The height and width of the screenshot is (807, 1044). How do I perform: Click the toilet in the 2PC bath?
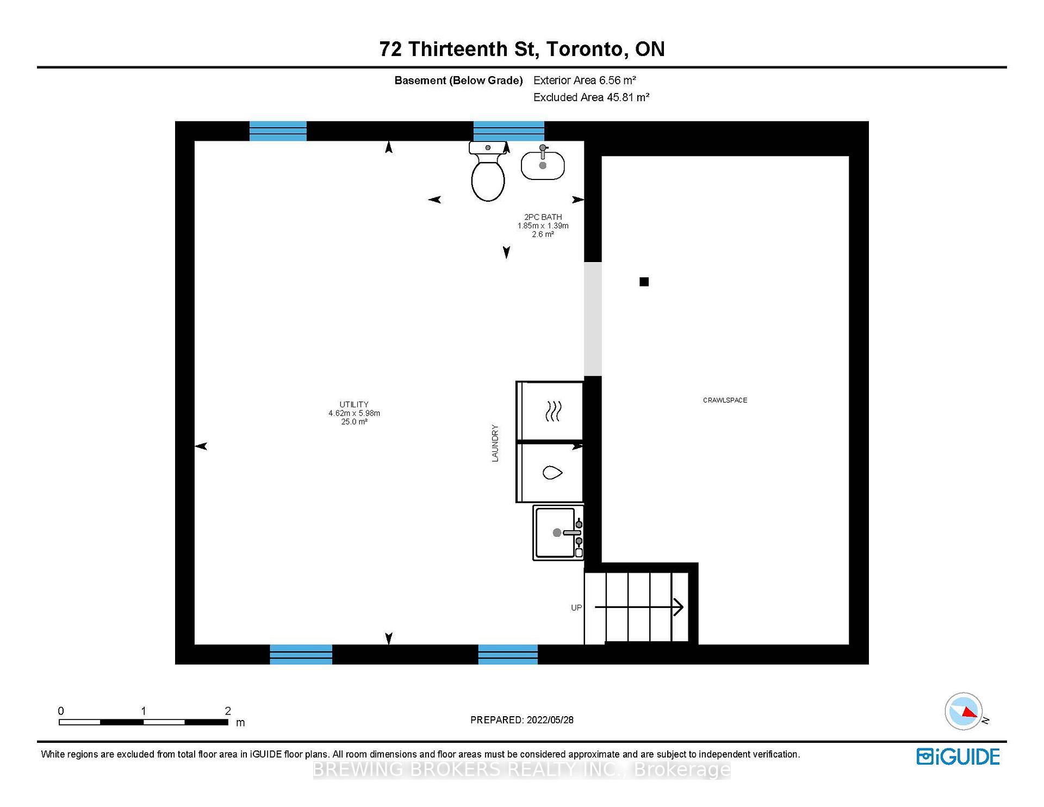(x=488, y=171)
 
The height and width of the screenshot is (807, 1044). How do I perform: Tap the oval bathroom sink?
(x=543, y=164)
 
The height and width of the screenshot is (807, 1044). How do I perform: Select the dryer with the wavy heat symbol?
(x=550, y=411)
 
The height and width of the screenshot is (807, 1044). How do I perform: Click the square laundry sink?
(x=558, y=532)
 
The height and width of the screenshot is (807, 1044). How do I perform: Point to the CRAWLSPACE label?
(x=725, y=400)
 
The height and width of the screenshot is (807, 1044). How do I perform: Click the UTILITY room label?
(x=354, y=405)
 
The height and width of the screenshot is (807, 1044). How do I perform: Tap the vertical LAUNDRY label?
(x=495, y=443)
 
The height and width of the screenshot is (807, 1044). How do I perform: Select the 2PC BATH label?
(x=543, y=217)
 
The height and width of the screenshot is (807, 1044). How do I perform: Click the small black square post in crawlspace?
(x=644, y=282)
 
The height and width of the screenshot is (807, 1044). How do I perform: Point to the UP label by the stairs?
(x=576, y=607)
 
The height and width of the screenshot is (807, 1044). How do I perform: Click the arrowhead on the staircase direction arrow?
(x=679, y=607)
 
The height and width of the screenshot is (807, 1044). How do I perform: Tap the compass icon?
(x=964, y=711)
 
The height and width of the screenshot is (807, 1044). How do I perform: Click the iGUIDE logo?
(x=958, y=757)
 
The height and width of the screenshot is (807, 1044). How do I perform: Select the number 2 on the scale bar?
(x=228, y=711)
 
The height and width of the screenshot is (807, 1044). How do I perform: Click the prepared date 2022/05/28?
(x=550, y=720)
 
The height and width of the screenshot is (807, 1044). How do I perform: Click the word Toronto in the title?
(x=585, y=49)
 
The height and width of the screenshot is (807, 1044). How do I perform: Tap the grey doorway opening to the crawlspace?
(x=593, y=319)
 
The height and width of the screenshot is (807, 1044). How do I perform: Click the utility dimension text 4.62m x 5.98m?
(x=354, y=413)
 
